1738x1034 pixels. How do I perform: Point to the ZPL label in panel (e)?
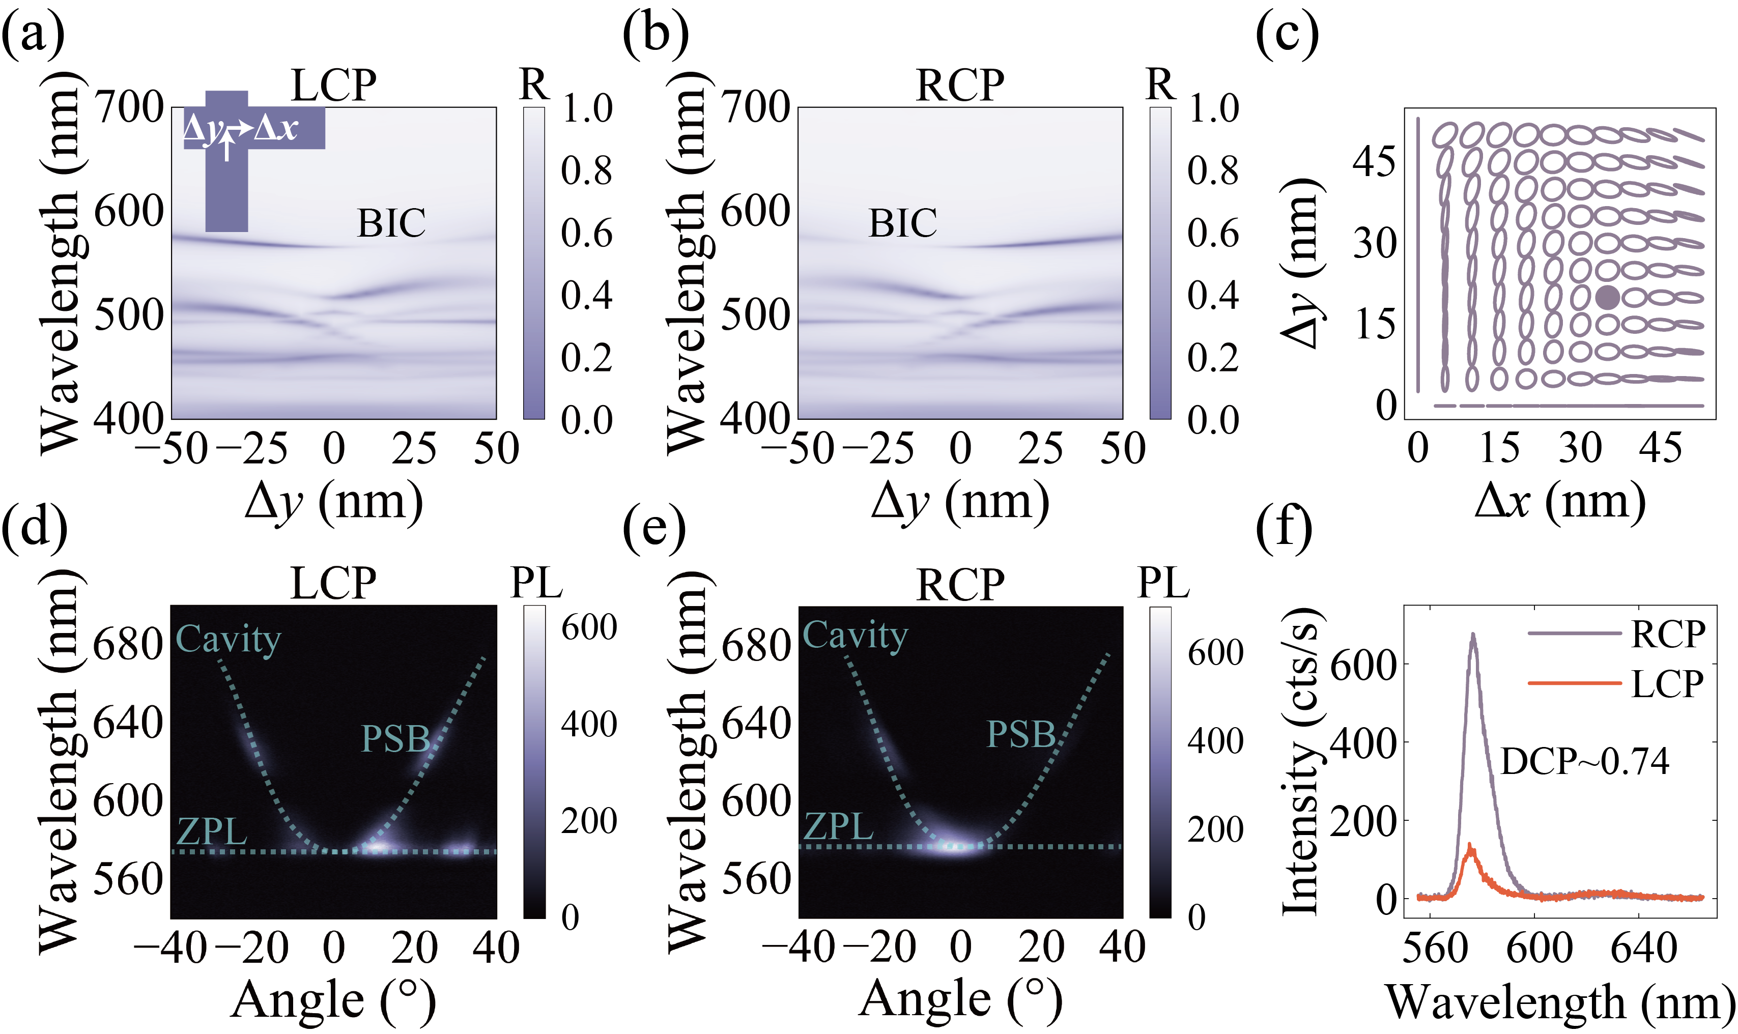pyautogui.click(x=838, y=826)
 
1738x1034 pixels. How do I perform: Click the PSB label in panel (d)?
pyautogui.click(x=395, y=738)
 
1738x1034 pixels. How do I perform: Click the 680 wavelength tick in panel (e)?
pyautogui.click(x=755, y=646)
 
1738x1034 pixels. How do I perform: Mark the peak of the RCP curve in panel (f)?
pyautogui.click(x=1472, y=634)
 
